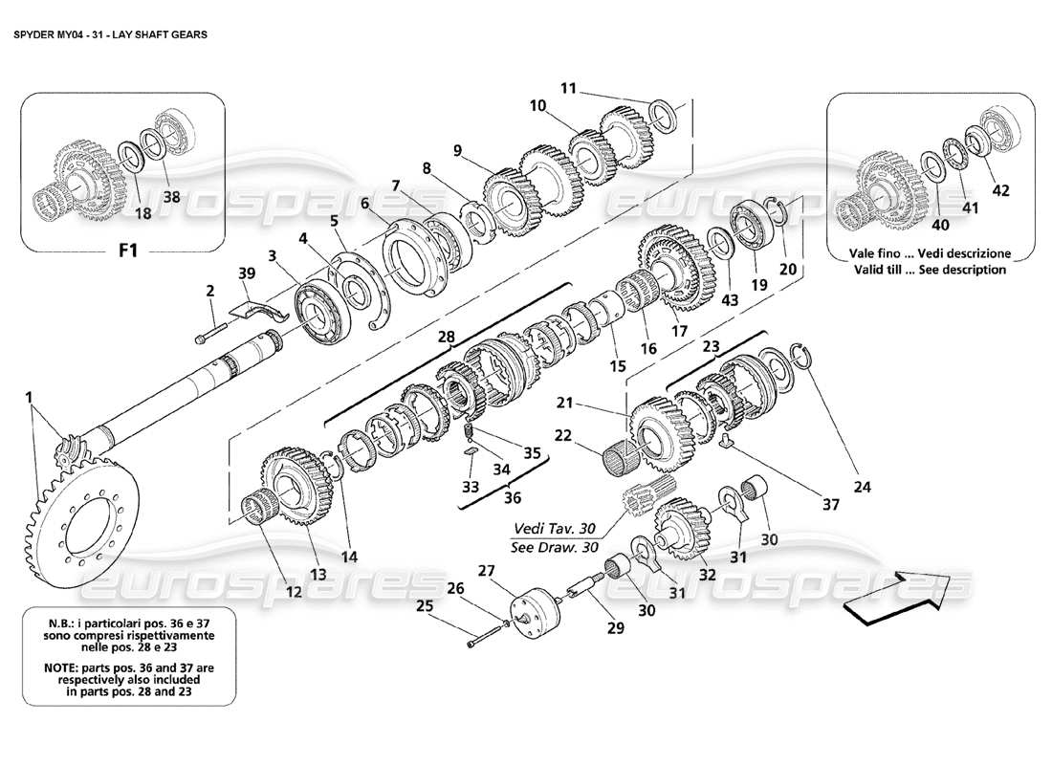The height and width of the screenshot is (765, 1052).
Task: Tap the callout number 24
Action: point(864,487)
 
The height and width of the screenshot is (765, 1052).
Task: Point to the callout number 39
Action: point(248,273)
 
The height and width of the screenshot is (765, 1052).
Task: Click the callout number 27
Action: point(486,571)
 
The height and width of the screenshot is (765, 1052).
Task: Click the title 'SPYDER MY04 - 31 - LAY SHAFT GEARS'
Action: point(112,32)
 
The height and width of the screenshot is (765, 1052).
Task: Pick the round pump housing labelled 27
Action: point(532,613)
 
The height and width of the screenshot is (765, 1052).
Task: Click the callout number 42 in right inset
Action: point(999,189)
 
